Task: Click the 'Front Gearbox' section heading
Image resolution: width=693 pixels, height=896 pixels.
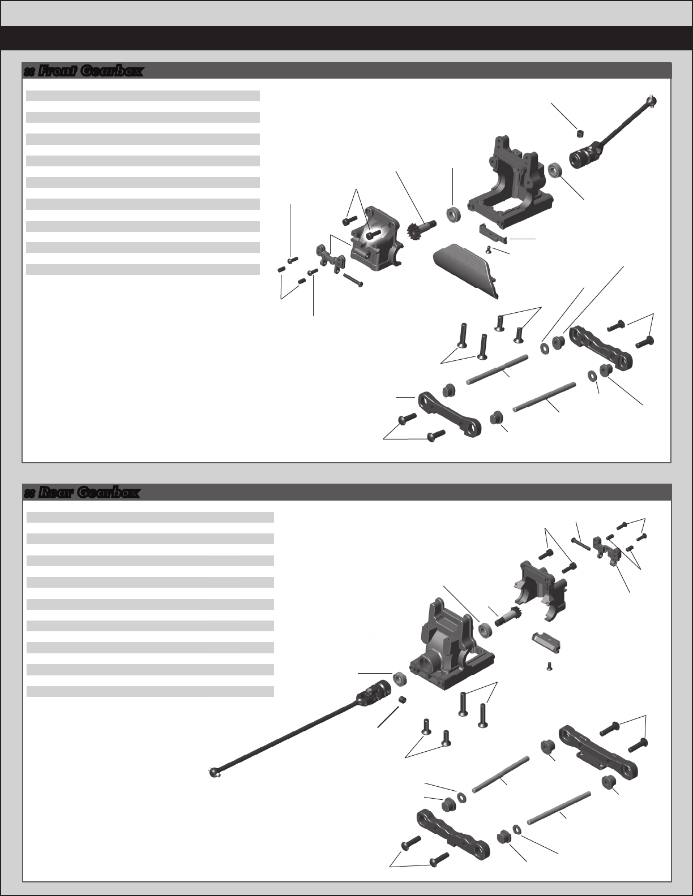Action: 91,71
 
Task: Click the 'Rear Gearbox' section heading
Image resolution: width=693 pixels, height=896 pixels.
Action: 89,492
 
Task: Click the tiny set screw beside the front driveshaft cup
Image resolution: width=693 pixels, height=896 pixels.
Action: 580,133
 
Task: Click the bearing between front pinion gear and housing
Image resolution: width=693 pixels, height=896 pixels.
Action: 454,215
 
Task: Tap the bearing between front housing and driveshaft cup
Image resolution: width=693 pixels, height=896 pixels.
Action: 555,171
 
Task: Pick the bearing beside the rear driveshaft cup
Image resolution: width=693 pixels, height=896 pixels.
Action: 400,679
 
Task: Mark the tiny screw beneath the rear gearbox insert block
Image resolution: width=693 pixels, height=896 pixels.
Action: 549,666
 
